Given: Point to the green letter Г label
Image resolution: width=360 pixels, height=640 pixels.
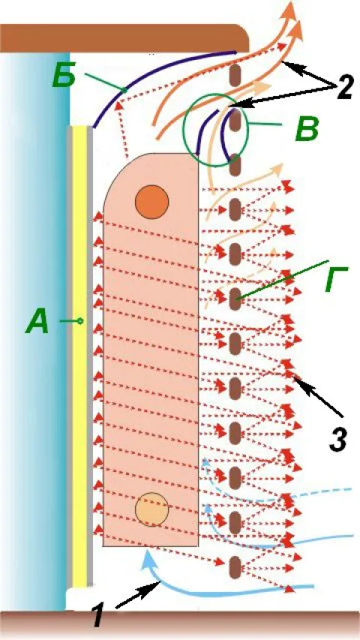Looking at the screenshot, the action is pos(336,279).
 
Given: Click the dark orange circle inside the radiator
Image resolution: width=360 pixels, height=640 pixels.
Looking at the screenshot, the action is pos(151,201).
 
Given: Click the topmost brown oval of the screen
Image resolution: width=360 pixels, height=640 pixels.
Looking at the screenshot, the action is pos(235,76).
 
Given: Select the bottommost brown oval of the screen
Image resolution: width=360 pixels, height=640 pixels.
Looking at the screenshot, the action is pos(235,567).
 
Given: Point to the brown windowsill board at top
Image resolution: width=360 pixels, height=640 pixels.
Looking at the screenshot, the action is pos(124,38).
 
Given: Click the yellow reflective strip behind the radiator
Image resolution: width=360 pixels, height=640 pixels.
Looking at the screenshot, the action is pos(80,355).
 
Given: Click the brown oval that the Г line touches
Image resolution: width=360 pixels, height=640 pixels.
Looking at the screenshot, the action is pos(235,299).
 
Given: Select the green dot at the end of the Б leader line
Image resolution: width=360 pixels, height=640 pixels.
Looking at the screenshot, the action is pos(124,90).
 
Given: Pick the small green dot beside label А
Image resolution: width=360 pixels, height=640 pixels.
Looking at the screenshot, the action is pos(80,321).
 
